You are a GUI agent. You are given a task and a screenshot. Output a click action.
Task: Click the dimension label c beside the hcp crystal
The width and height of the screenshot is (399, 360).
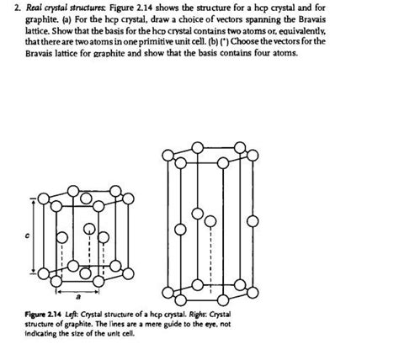(27, 238)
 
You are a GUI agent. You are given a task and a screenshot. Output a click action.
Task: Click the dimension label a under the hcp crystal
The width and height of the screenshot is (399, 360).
(77, 296)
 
